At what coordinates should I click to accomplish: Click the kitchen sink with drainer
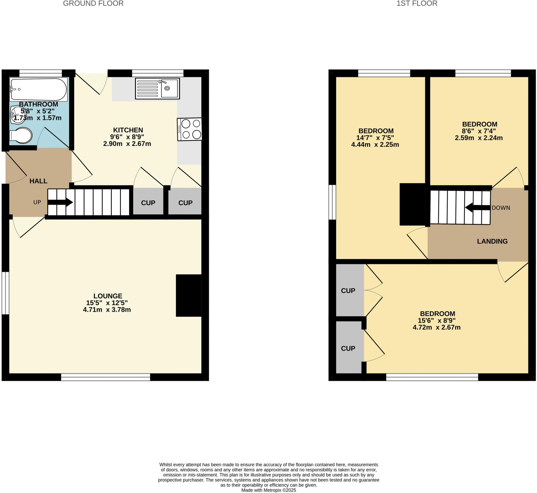point(157,88)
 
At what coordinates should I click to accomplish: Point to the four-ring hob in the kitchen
point(190,129)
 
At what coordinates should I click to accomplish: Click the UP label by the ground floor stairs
point(37,202)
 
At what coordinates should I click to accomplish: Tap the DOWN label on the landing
point(501,208)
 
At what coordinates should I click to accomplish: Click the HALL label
point(39,181)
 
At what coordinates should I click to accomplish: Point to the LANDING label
point(492,241)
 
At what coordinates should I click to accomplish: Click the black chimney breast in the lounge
point(189,295)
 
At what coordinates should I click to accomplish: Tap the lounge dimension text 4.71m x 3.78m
point(107,310)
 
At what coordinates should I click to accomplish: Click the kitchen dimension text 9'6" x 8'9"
point(127,137)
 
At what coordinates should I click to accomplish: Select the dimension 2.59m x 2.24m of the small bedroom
point(479,138)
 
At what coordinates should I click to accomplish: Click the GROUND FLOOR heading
point(93,3)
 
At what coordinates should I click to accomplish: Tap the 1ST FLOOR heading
point(417,3)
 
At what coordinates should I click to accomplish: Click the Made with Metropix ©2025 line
point(268,490)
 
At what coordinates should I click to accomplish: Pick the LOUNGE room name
point(108,296)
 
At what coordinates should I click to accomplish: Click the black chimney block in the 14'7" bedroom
point(412,204)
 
